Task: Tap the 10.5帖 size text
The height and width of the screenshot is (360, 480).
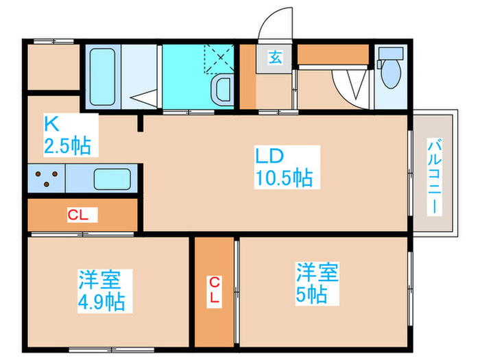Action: (283, 179)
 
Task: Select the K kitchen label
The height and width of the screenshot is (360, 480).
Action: (51, 123)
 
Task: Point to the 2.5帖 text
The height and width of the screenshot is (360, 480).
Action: (67, 145)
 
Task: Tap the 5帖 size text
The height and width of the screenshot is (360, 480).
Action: (313, 296)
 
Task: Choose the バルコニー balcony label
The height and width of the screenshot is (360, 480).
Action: (434, 176)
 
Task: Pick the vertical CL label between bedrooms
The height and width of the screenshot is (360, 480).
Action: (215, 291)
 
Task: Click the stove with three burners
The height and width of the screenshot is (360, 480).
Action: (45, 179)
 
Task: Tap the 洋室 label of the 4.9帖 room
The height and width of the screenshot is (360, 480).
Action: (99, 280)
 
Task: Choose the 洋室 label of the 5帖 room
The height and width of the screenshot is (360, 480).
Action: (317, 272)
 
